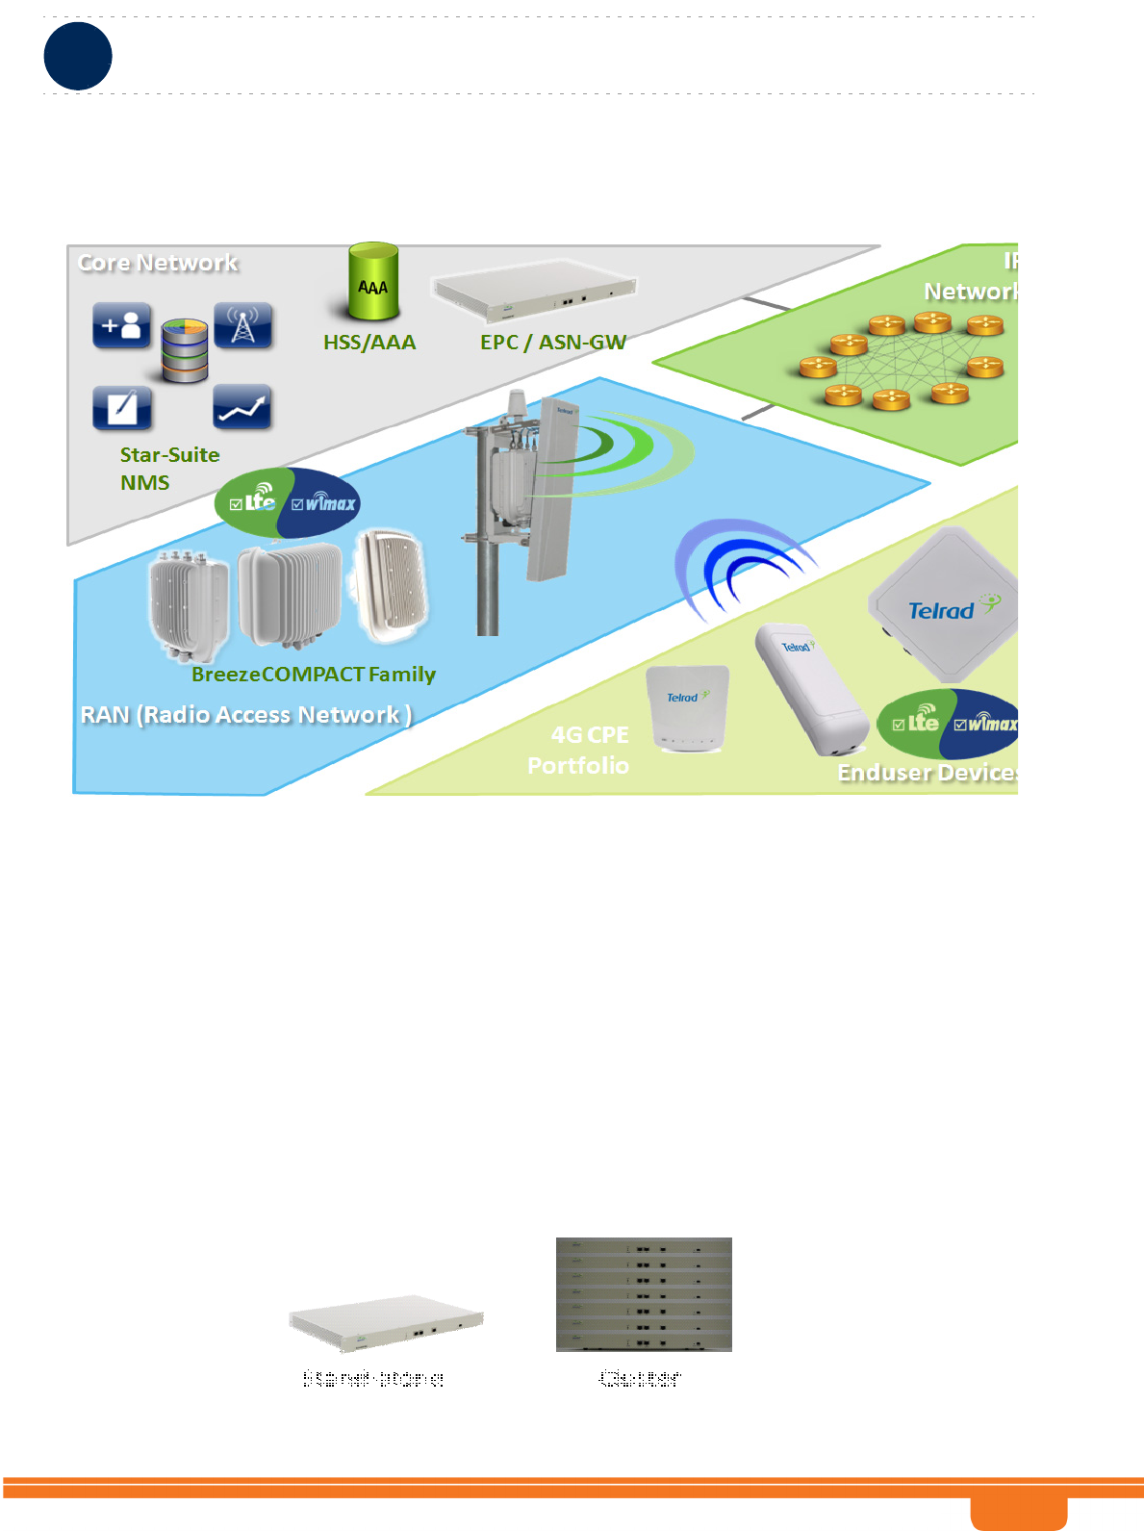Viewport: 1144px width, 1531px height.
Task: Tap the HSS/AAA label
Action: [369, 343]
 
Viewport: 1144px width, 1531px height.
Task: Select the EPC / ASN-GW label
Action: [553, 343]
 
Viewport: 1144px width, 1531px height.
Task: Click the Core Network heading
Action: [158, 263]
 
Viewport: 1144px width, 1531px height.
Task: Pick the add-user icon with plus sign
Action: [122, 326]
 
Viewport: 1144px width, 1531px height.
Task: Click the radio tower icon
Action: [242, 326]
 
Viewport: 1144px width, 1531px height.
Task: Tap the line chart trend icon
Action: [242, 409]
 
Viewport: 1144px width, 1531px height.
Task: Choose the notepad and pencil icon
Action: [122, 408]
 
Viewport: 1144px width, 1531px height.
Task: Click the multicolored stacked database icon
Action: [184, 351]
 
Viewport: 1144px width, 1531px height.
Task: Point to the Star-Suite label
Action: [169, 455]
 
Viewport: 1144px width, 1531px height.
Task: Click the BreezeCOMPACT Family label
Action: [314, 675]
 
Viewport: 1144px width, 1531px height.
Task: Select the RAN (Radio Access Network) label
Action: [246, 715]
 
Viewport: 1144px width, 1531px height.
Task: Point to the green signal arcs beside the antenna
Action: [625, 447]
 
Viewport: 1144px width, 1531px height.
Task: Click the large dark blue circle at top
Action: [78, 56]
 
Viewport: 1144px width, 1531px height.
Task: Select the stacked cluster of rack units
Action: [644, 1294]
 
